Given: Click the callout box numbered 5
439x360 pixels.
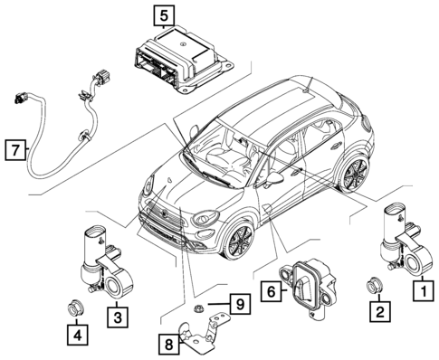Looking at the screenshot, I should [162, 14].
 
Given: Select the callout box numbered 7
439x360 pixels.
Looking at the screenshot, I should [14, 147].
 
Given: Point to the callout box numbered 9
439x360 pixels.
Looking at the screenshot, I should [238, 305].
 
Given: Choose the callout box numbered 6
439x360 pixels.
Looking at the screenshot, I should [269, 291].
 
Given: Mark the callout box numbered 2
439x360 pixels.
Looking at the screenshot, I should [381, 313].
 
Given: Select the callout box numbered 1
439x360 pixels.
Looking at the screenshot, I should [421, 291].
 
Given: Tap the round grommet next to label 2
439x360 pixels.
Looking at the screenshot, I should [373, 286].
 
